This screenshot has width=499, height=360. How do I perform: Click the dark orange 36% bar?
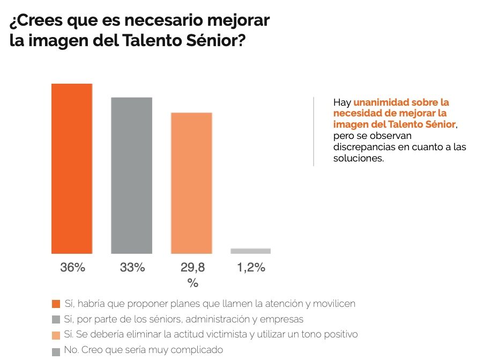[x=72, y=168]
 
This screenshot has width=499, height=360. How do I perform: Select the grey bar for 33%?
[x=131, y=175]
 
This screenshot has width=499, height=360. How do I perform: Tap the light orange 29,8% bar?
[x=191, y=183]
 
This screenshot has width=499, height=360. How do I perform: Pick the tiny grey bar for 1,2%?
[x=250, y=251]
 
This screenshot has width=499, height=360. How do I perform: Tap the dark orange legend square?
[x=56, y=304]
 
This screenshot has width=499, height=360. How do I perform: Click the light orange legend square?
[x=56, y=335]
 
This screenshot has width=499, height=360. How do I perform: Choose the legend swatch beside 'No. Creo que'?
[x=56, y=352]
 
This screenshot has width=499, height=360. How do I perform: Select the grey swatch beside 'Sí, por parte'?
[x=56, y=320]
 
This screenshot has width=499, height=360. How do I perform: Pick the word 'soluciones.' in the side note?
[x=359, y=159]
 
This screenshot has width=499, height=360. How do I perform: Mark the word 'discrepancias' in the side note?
[x=361, y=148]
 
